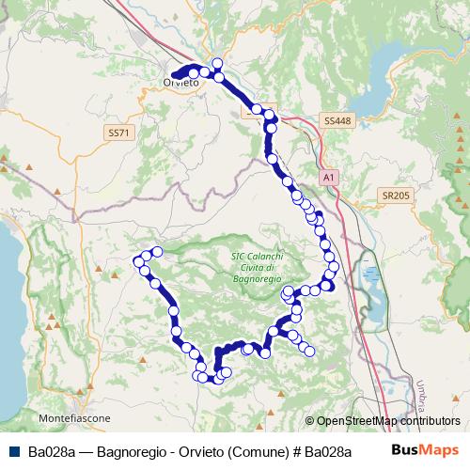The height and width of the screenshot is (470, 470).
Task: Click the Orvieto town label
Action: coord(180,84)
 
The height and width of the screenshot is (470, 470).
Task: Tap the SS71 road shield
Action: coord(117,133)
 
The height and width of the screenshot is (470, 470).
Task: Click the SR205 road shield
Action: coord(397,196)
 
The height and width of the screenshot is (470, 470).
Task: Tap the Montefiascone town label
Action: coord(75,417)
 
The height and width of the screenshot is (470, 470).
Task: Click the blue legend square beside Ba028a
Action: coord(15,450)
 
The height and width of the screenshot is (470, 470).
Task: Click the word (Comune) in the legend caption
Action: coord(251,450)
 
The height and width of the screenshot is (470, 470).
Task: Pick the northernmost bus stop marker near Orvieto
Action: coord(217,64)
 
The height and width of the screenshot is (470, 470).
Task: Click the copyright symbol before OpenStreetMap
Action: coord(309,421)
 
